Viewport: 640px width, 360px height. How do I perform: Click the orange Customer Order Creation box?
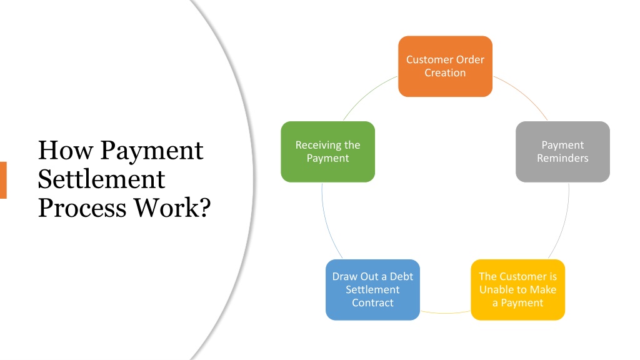[445, 66]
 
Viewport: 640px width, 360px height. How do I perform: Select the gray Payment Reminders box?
[562, 152]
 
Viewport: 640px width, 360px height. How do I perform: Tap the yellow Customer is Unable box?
[517, 289]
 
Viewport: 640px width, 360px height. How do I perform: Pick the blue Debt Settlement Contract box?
[372, 289]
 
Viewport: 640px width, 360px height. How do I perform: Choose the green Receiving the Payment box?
[327, 152]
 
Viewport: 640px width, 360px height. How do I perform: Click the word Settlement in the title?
[101, 179]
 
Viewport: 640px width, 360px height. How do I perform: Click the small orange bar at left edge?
[3, 180]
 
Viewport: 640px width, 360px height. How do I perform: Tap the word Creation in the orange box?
[445, 73]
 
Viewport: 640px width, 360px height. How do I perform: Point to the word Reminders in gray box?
[562, 159]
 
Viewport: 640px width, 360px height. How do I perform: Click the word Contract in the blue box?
[372, 303]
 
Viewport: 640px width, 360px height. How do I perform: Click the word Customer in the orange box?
[429, 60]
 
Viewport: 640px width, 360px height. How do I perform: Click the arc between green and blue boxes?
[322, 219]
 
